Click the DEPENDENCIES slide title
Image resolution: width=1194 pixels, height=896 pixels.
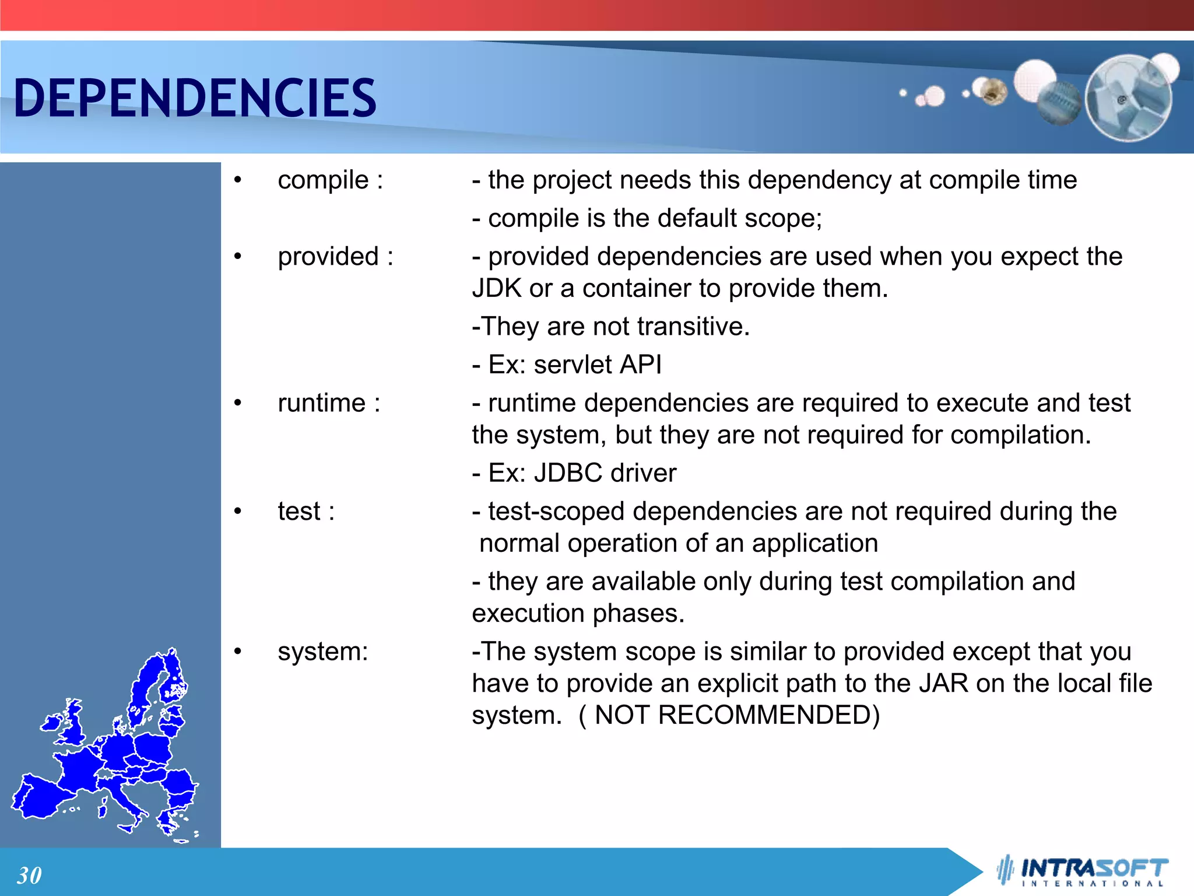coord(195,98)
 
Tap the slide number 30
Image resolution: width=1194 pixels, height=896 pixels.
coord(29,875)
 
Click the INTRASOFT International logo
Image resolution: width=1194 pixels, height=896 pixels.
coord(1083,871)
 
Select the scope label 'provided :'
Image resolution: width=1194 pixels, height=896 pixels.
coord(335,257)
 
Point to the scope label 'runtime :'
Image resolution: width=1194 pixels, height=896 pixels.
coord(329,403)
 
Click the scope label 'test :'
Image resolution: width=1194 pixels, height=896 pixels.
coord(306,512)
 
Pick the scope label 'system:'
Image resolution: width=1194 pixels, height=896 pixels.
coord(323,652)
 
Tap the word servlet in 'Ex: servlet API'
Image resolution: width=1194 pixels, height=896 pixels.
coord(573,365)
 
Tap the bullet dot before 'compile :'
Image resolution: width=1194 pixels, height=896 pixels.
coord(237,180)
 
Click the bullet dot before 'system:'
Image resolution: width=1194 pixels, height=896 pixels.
coord(237,652)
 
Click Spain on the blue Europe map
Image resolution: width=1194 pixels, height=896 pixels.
coord(41,796)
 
